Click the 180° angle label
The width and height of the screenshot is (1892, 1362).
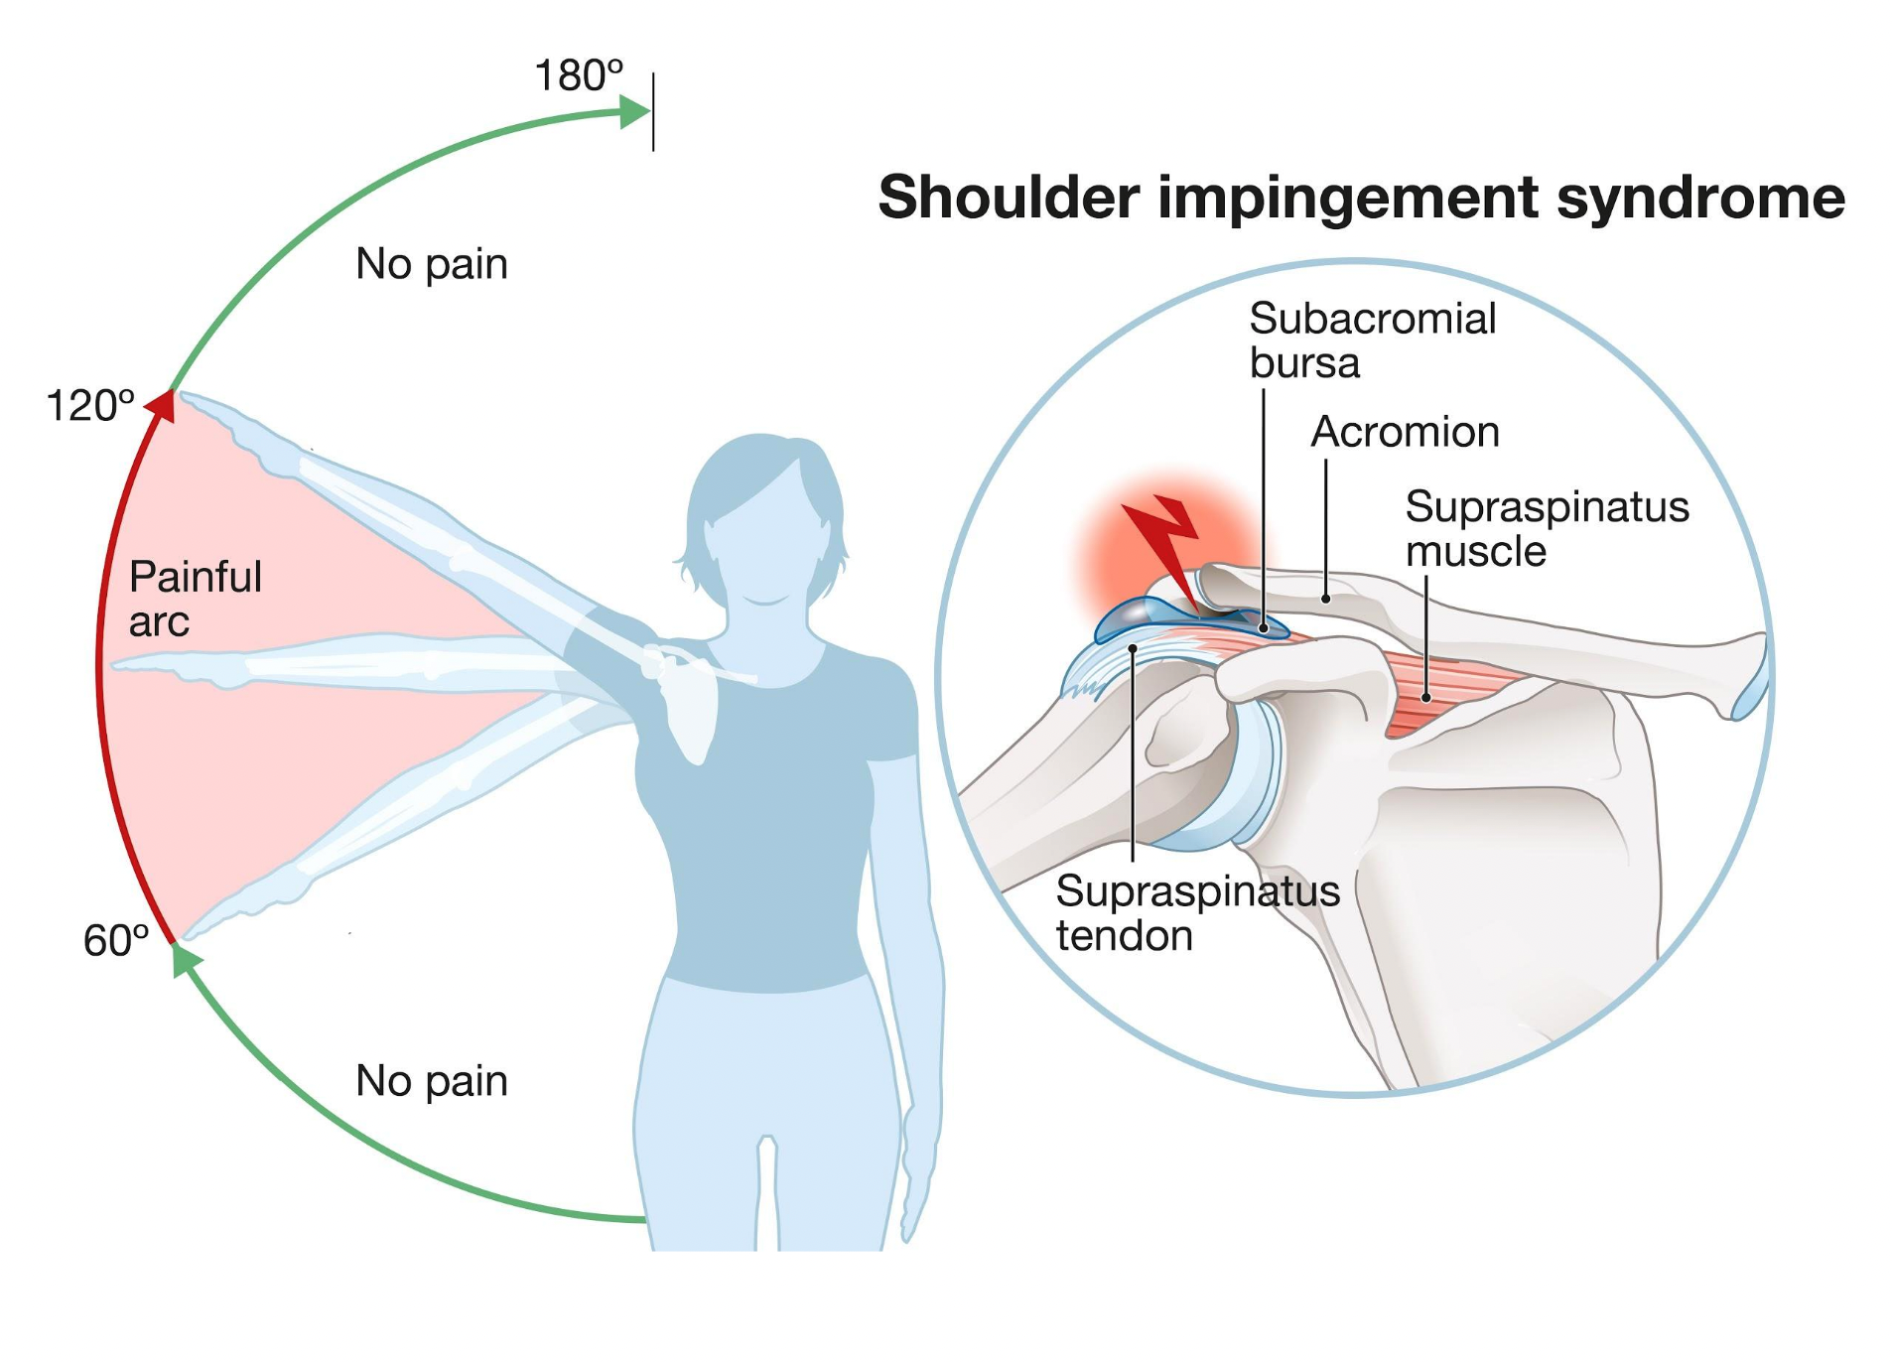pyautogui.click(x=579, y=75)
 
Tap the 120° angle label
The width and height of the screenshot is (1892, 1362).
pyautogui.click(x=90, y=406)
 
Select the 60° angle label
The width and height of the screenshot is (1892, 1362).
pyautogui.click(x=116, y=940)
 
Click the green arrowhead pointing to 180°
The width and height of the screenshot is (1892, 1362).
pyautogui.click(x=633, y=111)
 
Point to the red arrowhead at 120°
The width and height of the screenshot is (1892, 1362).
pyautogui.click(x=163, y=406)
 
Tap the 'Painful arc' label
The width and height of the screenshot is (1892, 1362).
pyautogui.click(x=195, y=599)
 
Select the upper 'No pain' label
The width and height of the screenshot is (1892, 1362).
pyautogui.click(x=432, y=264)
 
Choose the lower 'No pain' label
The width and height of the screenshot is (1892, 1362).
pyautogui.click(x=432, y=1080)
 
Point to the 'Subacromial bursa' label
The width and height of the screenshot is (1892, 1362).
pyautogui.click(x=1372, y=340)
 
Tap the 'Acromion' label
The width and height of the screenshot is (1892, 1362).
pyautogui.click(x=1405, y=432)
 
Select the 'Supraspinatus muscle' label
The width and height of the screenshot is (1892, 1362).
pyautogui.click(x=1547, y=528)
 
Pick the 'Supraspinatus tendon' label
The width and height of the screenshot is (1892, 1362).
pyautogui.click(x=1197, y=913)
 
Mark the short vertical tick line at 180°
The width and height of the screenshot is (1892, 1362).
pyautogui.click(x=653, y=111)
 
